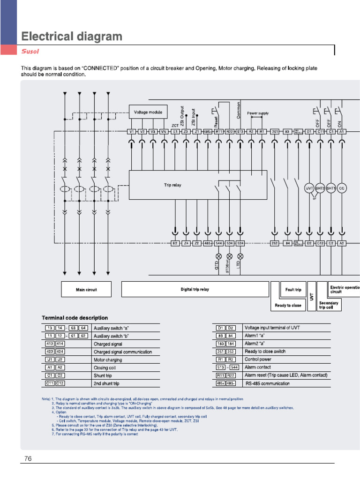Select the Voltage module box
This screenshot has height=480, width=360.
tap(148, 112)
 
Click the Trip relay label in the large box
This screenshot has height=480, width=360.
tap(172, 185)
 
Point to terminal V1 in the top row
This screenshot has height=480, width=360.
tap(131, 132)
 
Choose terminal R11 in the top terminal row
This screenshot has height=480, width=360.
tap(218, 132)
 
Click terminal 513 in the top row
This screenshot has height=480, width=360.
tap(240, 132)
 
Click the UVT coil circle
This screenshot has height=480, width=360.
tap(309, 188)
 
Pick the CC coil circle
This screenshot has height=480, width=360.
tap(342, 188)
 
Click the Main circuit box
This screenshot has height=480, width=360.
tap(86, 290)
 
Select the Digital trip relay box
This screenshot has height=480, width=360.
tap(195, 290)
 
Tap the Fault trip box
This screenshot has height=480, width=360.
tap(293, 290)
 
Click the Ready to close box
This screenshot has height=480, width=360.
tap(288, 305)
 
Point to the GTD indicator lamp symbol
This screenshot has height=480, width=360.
tap(218, 256)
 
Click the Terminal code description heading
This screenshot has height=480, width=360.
tap(75, 318)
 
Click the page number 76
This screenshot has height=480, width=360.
tap(28, 458)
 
